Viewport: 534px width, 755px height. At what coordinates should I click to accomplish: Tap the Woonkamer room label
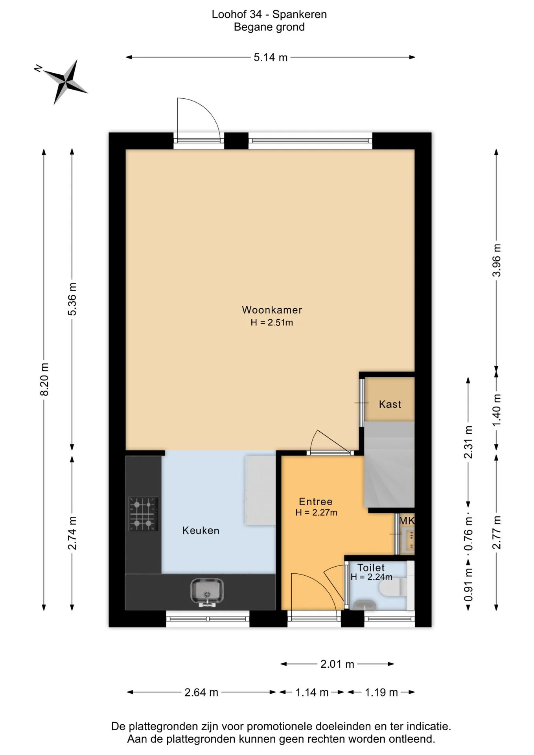pos(272,310)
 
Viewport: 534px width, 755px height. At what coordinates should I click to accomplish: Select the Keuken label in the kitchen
pos(201,530)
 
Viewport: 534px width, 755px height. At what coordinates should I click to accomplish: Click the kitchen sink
pos(207,592)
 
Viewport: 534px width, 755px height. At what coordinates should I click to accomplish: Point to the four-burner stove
pos(144,514)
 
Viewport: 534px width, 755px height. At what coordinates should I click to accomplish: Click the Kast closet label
pos(390,404)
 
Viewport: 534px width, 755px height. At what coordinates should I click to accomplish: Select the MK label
pos(407,521)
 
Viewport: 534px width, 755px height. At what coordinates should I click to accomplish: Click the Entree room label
pos(316,501)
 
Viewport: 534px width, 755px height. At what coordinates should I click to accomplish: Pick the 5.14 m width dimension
pos(271,57)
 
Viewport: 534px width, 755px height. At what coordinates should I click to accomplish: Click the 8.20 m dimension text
pos(45,379)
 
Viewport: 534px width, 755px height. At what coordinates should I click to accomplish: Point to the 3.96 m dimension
pos(497,260)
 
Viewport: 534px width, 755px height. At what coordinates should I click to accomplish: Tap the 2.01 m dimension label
pos(337,664)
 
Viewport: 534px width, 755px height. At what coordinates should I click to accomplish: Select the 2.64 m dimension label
pos(201,692)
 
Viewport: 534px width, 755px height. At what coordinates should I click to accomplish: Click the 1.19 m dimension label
pos(381,692)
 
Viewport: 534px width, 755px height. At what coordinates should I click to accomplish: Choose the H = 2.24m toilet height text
pos(372,577)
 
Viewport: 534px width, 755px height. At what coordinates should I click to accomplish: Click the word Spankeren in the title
pos(300,14)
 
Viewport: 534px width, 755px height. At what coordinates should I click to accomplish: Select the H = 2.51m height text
pos(272,322)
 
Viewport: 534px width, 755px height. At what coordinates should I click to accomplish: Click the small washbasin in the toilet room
pos(364,605)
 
